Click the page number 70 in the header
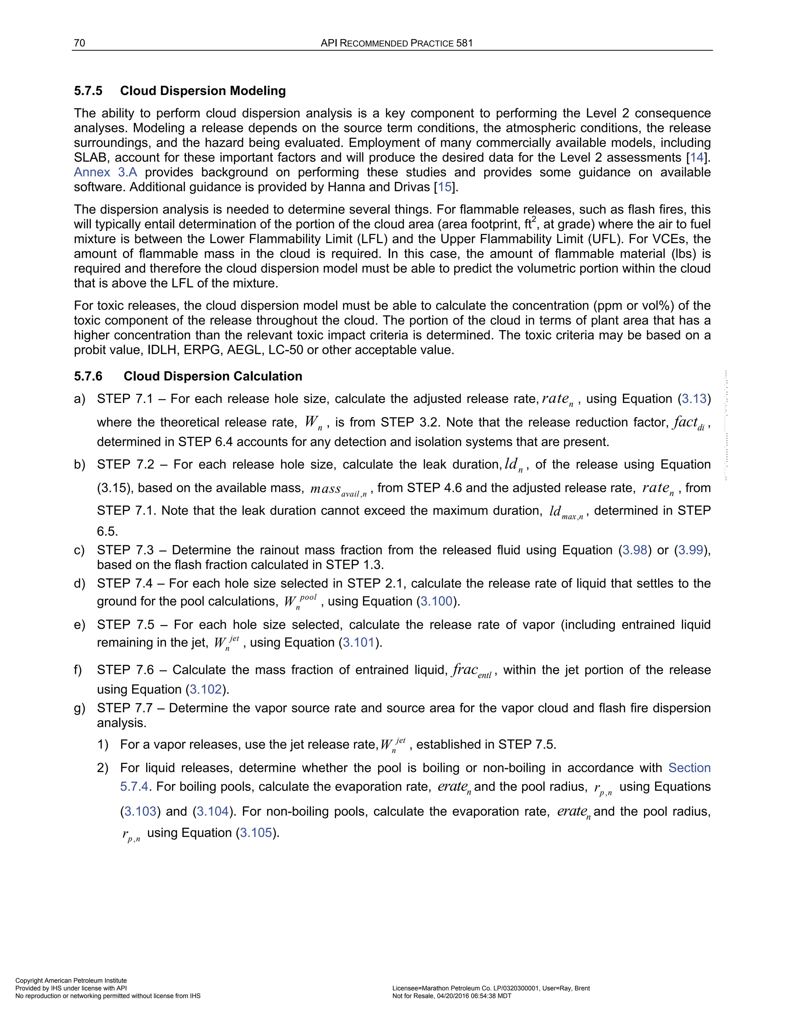click(79, 43)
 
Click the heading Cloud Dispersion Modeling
click(203, 91)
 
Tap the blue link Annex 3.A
click(105, 172)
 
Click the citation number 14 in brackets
click(696, 157)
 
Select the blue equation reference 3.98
click(635, 550)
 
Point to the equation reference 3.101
click(358, 643)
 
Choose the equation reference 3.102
click(205, 689)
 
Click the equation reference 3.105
click(256, 832)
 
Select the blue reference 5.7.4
click(135, 786)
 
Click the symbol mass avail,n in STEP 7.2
click(338, 489)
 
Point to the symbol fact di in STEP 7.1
click(689, 423)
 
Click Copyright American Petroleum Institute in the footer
click(71, 981)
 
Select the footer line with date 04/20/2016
click(452, 996)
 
